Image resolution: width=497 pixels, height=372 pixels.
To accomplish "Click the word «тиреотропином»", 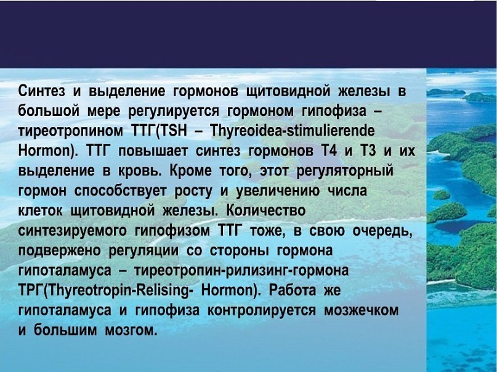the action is pos(70,131).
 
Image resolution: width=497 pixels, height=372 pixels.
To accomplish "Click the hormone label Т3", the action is pos(368,151).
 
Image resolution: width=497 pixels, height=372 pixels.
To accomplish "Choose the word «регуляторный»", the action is pos(345,172).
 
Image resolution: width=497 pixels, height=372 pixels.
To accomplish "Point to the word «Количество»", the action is pos(266,211).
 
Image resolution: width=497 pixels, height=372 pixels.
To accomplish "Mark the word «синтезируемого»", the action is pos(72,231).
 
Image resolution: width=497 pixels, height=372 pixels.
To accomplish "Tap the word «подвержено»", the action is pos(60,251).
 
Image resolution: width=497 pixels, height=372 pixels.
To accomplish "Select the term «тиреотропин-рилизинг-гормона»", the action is pos(241,271).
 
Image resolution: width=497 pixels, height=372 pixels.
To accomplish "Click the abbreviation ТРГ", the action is pos(30,291).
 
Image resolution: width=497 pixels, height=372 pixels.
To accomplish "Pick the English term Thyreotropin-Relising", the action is pos(118,291).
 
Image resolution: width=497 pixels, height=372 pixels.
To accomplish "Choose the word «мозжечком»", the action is pos(361,311).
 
